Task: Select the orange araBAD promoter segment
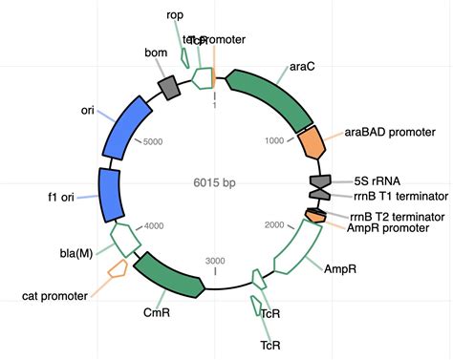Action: [311, 143]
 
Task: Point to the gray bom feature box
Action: [170, 88]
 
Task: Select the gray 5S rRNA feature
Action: [320, 180]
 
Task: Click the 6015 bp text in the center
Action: [216, 182]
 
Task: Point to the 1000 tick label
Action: [274, 140]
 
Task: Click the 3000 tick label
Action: [215, 261]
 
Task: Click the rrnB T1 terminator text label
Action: [394, 197]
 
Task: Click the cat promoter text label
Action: [54, 296]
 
